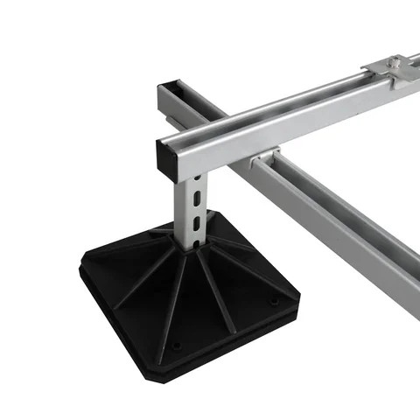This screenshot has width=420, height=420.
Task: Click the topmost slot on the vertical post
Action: point(199,185)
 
